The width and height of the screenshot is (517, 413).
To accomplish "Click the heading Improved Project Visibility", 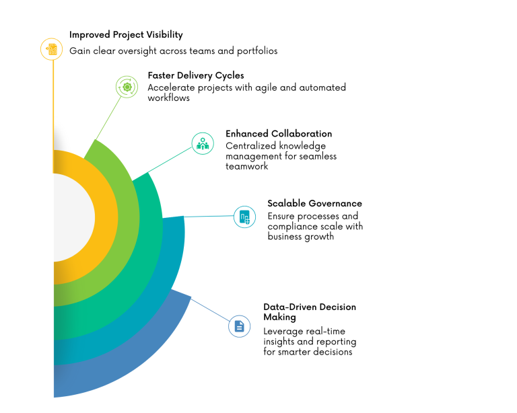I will [x=126, y=34].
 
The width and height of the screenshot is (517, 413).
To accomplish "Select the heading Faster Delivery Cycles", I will [x=196, y=75].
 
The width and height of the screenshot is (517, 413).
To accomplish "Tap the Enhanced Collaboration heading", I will [x=279, y=134].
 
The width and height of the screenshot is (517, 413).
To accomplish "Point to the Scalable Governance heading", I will [x=314, y=203].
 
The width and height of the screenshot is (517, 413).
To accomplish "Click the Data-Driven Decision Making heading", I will [x=310, y=311].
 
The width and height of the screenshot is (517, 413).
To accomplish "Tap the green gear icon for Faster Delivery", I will [x=126, y=87].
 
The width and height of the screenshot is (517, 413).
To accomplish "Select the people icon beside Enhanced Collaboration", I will [x=202, y=143].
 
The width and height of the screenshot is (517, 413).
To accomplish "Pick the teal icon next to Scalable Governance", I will [x=244, y=217].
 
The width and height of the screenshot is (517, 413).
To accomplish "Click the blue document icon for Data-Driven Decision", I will [x=239, y=326].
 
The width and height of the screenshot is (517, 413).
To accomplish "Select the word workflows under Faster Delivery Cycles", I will [x=169, y=98].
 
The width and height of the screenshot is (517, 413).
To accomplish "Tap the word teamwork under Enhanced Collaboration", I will [x=247, y=166].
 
